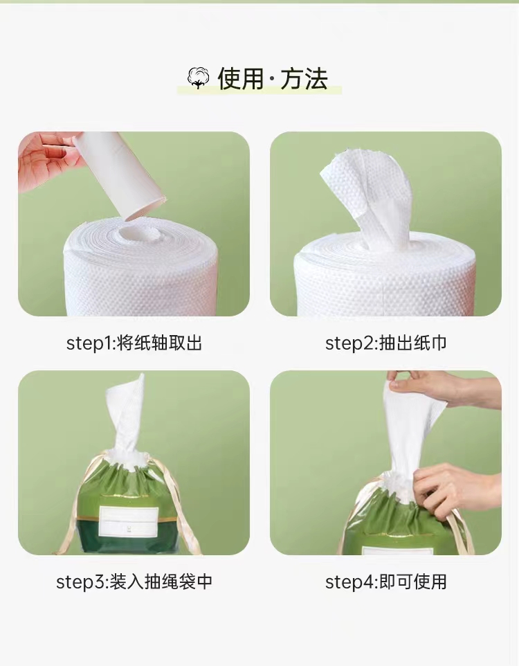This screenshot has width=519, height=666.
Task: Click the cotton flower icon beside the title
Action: point(198,79)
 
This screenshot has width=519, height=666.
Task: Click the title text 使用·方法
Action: point(273,79)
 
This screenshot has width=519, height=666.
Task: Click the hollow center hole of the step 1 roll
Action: point(138,233)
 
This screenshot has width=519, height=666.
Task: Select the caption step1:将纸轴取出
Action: point(134,343)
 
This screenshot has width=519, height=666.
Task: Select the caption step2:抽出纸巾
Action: point(385,343)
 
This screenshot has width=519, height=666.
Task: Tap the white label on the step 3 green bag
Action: point(128,522)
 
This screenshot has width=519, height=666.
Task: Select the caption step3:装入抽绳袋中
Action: point(134,582)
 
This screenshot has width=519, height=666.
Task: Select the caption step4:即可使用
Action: point(385,582)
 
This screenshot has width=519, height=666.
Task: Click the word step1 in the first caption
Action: point(89,343)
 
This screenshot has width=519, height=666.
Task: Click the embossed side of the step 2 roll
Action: point(397,289)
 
